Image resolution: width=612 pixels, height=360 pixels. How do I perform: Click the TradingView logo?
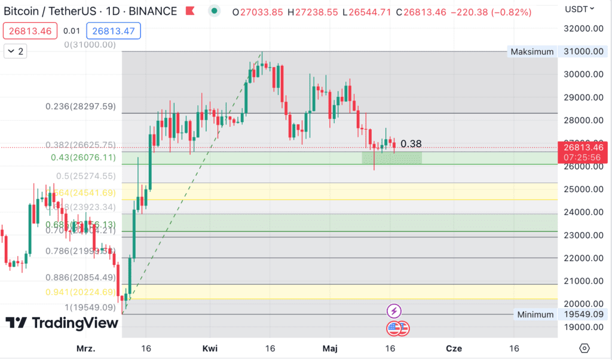(62, 323)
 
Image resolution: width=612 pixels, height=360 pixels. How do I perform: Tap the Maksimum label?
(532, 51)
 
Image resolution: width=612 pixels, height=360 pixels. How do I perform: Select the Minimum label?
(535, 315)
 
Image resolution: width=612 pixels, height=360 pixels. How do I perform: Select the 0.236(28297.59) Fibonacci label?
(81, 106)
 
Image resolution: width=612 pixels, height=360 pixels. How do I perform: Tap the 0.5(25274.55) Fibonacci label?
(85, 176)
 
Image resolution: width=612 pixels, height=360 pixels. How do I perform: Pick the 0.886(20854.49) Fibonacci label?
(81, 277)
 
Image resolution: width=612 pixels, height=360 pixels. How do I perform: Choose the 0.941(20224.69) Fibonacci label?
(81, 292)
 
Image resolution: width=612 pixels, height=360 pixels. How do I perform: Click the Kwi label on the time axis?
(210, 348)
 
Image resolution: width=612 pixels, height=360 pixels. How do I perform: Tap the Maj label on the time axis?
(330, 348)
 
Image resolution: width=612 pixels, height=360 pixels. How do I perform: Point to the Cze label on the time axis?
(454, 348)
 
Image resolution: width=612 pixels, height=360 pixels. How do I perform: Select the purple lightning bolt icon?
(394, 311)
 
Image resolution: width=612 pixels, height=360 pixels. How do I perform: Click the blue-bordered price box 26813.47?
(113, 30)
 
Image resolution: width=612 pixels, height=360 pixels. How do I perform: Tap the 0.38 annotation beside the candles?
(411, 144)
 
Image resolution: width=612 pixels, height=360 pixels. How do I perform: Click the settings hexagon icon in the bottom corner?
(585, 348)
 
